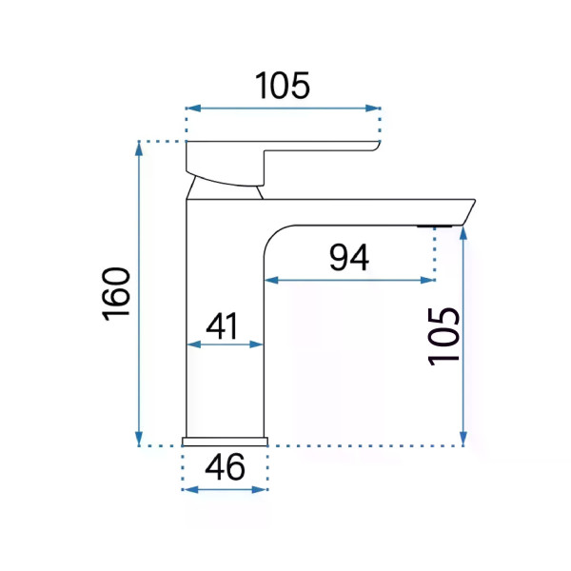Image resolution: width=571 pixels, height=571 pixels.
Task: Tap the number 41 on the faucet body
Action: [222, 325]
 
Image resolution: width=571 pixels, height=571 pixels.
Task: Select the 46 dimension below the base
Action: [225, 467]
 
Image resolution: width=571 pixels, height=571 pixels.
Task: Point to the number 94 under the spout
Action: [349, 258]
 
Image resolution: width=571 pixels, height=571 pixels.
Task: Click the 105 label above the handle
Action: [283, 86]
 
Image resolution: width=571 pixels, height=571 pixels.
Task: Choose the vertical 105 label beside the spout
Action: [443, 336]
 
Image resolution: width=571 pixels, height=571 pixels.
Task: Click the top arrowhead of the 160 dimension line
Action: [139, 148]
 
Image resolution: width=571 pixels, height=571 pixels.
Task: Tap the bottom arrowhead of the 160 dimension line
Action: [139, 439]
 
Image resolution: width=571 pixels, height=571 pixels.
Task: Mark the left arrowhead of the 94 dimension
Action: [271, 280]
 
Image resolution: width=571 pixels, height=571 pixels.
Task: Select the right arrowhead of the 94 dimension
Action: [427, 280]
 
